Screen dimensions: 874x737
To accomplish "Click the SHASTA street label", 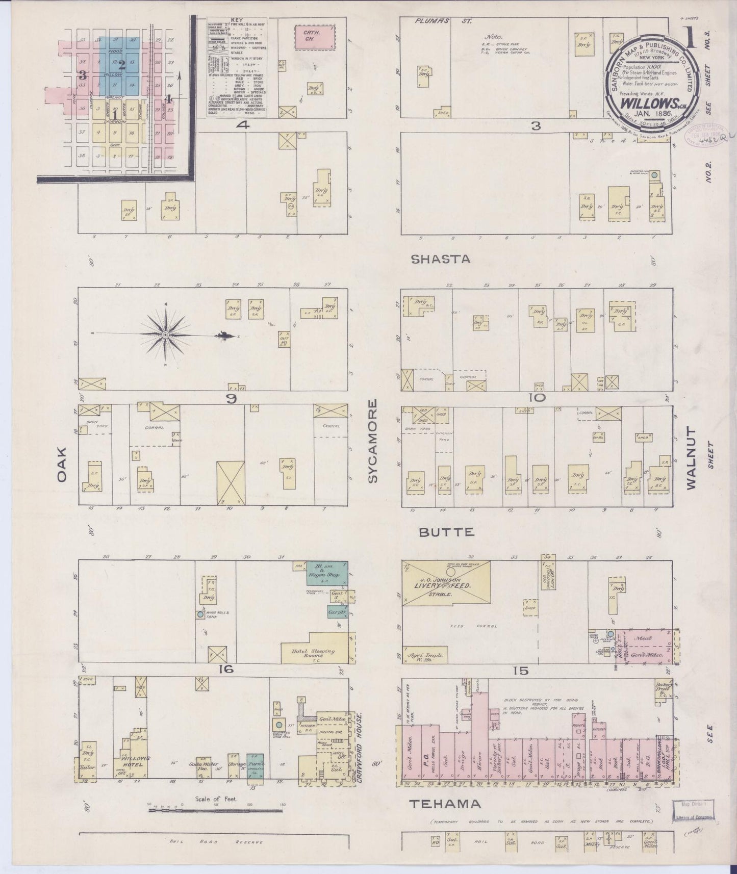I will pyautogui.click(x=441, y=259).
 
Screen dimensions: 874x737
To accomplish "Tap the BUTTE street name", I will pyautogui.click(x=447, y=532).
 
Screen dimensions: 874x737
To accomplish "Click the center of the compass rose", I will pyautogui.click(x=166, y=335).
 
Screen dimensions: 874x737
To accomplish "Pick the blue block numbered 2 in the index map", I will pyautogui.click(x=122, y=65).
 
